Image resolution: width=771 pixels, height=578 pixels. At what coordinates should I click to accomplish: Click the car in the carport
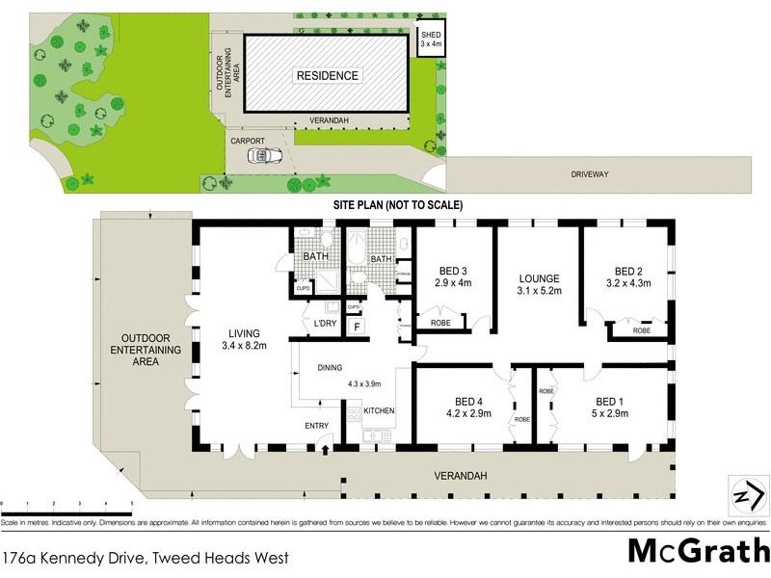click(x=261, y=155)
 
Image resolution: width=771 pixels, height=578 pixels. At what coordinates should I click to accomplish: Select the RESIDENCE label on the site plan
click(x=327, y=75)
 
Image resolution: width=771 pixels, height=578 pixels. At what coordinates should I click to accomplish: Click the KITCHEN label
click(x=379, y=411)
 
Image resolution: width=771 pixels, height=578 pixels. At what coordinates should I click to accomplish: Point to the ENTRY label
click(x=317, y=426)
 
